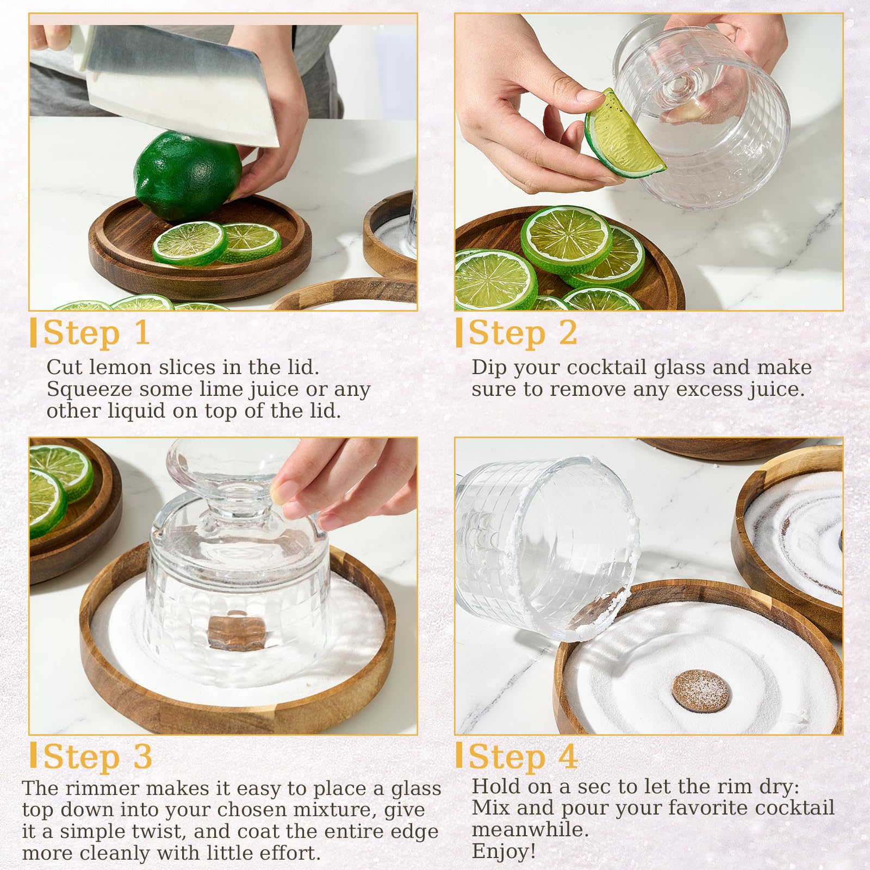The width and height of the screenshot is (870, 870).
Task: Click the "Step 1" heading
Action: pos(96,333)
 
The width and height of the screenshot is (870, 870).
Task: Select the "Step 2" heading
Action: pos(523,333)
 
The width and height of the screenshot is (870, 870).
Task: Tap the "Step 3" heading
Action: pos(97,756)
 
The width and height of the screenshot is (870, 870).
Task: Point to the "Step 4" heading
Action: pos(523,756)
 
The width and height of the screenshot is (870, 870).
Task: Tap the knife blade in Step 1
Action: pos(179,82)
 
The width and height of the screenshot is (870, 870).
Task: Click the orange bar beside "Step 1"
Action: pos(34,333)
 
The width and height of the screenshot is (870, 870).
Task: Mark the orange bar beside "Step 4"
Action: pos(459,756)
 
